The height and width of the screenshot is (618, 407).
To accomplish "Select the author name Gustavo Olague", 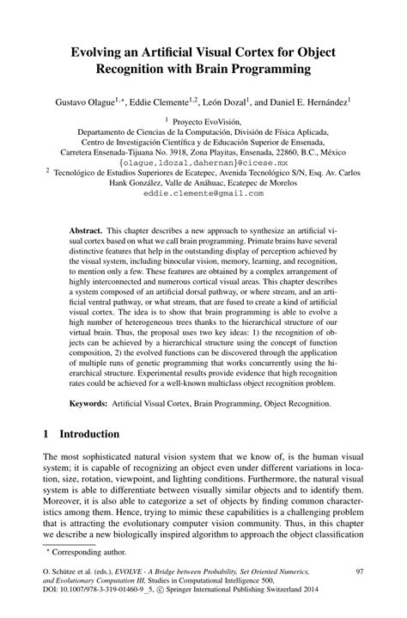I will (92, 101).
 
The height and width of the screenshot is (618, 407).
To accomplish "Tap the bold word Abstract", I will (85, 232).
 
